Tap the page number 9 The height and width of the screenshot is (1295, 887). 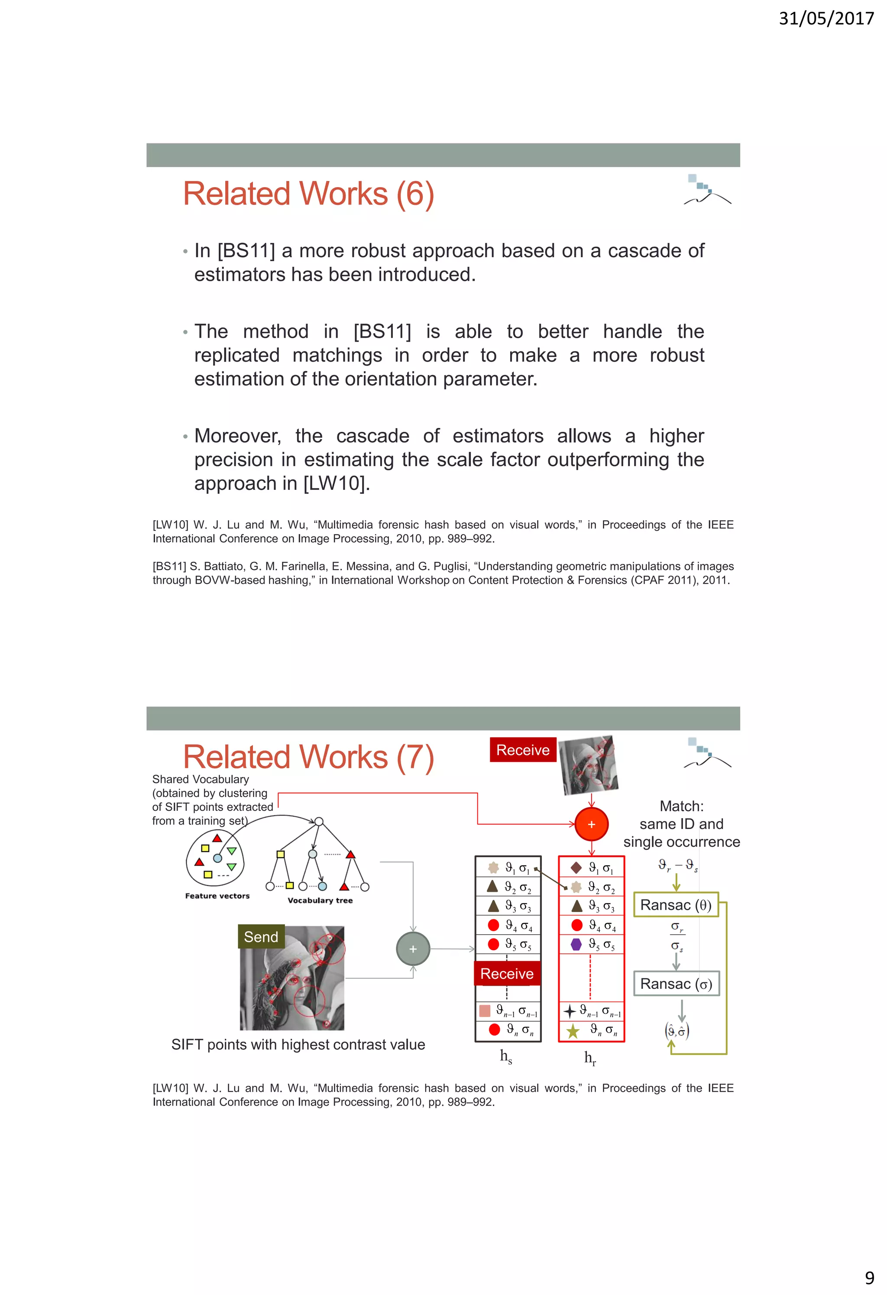869,1277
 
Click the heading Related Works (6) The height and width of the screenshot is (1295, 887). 308,194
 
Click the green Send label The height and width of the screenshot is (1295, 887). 261,937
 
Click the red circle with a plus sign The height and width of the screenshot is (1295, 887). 591,824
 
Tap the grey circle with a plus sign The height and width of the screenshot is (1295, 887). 413,949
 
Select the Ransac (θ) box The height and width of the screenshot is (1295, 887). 676,905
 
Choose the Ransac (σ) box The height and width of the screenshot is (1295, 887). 676,984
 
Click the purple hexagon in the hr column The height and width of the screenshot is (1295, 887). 576,944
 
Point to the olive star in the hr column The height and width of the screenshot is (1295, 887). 573,1031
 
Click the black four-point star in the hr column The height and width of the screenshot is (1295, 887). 570,1011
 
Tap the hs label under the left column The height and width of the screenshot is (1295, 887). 506,1056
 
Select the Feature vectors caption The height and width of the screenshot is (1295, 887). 217,896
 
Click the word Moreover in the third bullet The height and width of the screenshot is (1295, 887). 237,436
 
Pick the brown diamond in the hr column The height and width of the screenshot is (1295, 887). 576,868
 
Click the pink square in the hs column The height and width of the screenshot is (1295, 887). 485,1011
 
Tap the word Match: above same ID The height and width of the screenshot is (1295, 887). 681,806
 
